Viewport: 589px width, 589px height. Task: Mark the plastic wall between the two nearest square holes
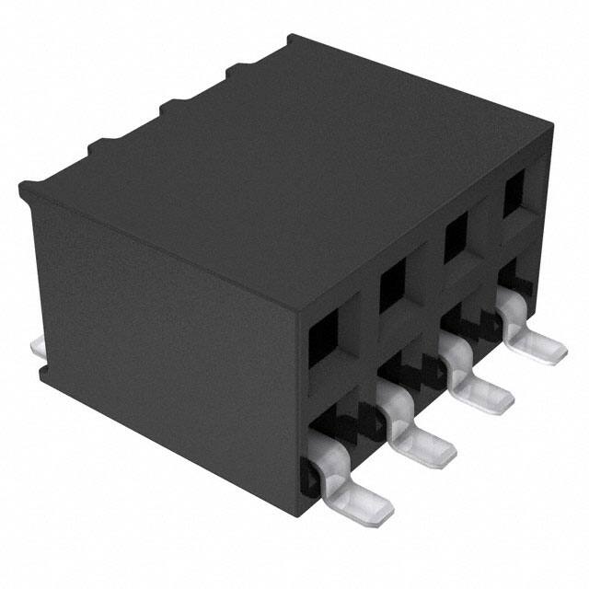359,313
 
